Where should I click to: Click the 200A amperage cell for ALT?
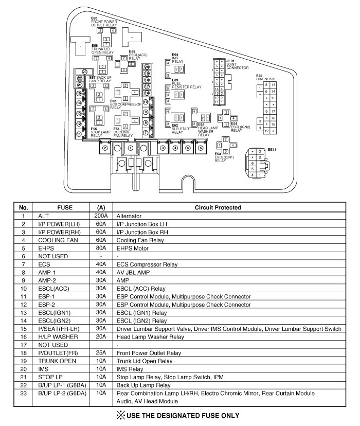pyautogui.click(x=101, y=217)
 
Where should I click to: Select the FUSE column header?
pyautogui.click(x=64, y=207)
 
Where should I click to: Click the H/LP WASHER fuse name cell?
pyautogui.click(x=55, y=337)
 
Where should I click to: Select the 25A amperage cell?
pyautogui.click(x=101, y=353)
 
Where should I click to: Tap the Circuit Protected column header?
pyautogui.click(x=218, y=207)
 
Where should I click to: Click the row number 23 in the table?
pyautogui.click(x=23, y=394)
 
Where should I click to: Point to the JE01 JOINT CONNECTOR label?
pyautogui.click(x=238, y=64)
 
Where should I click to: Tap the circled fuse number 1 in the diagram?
pyautogui.click(x=130, y=148)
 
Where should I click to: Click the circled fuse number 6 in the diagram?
pyautogui.click(x=201, y=148)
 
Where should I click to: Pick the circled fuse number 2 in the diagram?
pyautogui.click(x=104, y=148)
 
